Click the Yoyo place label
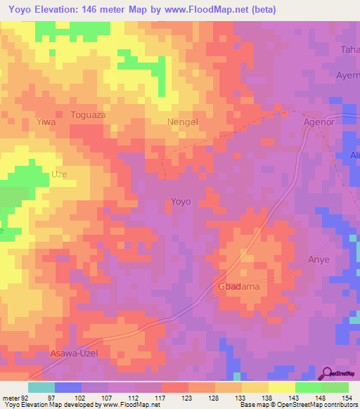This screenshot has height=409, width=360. point(181,202)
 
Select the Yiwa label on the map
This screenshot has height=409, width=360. point(46,122)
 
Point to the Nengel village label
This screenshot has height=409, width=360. point(183,122)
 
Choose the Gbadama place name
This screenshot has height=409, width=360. point(238,287)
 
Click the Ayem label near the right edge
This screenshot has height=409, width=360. point(347,74)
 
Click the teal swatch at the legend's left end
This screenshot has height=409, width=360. point(41,387)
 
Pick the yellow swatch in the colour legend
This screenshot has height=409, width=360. point(282,387)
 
